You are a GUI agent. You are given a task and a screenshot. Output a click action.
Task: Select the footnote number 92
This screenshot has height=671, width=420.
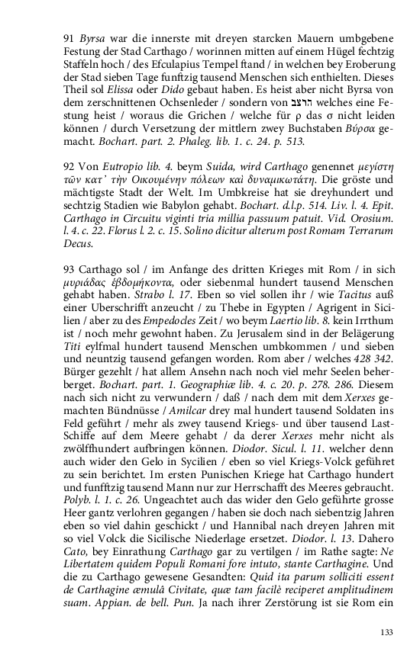pyautogui.click(x=69, y=164)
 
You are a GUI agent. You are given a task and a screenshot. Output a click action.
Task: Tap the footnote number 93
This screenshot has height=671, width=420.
pyautogui.click(x=69, y=269)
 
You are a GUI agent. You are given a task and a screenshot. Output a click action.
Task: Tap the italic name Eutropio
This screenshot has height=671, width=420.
pyautogui.click(x=116, y=164)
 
